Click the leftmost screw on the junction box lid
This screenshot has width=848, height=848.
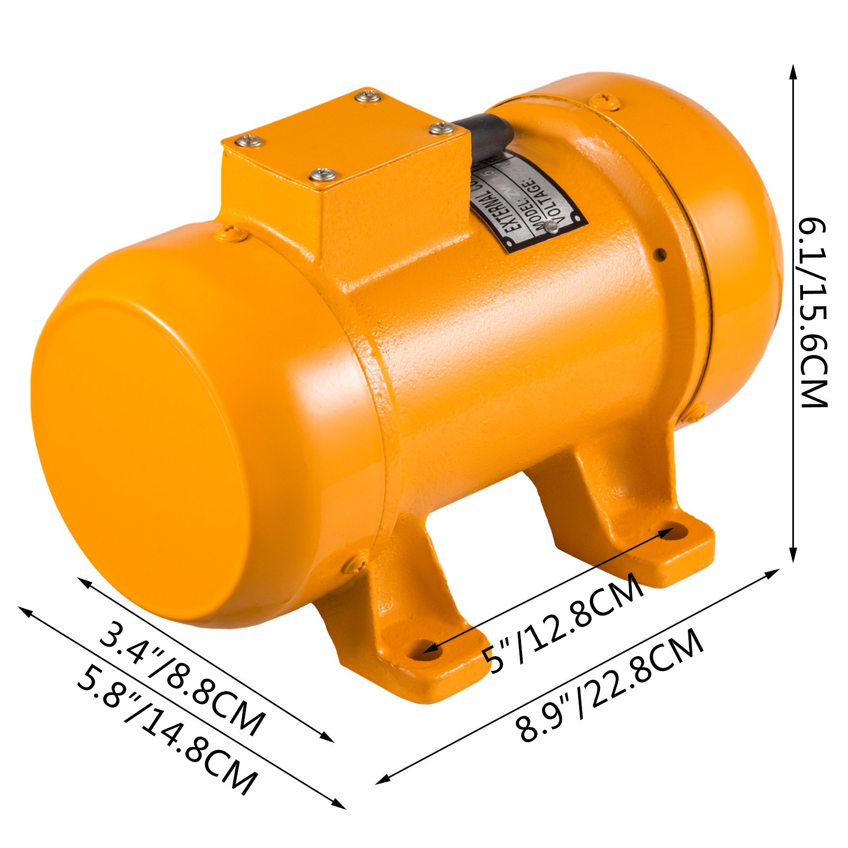point(249,140)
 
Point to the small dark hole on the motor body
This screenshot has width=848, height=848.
point(660,254)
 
